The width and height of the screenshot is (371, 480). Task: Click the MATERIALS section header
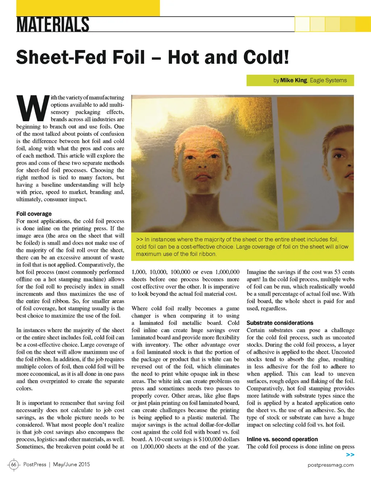tap(53, 24)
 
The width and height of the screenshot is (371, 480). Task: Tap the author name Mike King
tap(293, 80)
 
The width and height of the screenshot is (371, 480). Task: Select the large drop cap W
tap(32, 108)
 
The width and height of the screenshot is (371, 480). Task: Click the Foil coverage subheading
tap(34, 214)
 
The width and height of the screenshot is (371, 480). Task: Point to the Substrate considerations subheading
tap(280, 323)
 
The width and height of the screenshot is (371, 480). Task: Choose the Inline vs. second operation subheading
tap(282, 439)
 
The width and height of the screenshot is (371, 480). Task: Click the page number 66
tap(14, 464)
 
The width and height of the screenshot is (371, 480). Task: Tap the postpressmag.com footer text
tap(330, 465)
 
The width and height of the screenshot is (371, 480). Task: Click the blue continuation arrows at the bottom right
tap(350, 455)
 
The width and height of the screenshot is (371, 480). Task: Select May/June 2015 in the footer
tap(71, 464)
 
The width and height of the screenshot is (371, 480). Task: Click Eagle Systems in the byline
tap(328, 80)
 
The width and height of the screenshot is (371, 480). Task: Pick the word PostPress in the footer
tap(35, 464)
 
